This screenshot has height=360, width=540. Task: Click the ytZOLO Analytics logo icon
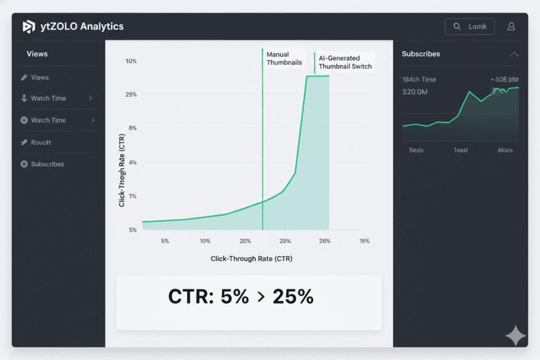[x=28, y=27]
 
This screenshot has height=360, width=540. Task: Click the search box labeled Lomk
[x=470, y=26]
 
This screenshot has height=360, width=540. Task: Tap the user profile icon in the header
[x=510, y=26]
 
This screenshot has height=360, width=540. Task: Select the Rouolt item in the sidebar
[x=41, y=142]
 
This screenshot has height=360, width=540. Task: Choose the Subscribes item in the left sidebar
[x=47, y=164]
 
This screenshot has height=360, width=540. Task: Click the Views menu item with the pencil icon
[x=40, y=77]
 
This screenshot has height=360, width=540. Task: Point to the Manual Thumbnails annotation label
[x=284, y=59]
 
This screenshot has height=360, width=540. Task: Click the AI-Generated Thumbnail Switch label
[x=345, y=62]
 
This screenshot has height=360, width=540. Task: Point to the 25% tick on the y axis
[x=131, y=94]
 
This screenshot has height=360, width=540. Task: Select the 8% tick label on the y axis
[x=132, y=128]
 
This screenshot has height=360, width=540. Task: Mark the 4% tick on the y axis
[x=132, y=162]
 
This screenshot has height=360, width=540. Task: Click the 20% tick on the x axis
[x=245, y=241]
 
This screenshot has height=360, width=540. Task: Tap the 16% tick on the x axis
[x=364, y=241]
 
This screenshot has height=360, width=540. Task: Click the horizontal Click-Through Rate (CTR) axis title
[x=252, y=259]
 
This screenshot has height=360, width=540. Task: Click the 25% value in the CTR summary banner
[x=293, y=297]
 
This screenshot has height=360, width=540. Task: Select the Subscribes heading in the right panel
[x=421, y=54]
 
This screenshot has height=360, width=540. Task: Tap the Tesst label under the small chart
[x=461, y=150]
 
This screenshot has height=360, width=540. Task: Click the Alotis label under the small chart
[x=505, y=150]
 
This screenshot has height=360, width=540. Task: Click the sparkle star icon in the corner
[x=515, y=336]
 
